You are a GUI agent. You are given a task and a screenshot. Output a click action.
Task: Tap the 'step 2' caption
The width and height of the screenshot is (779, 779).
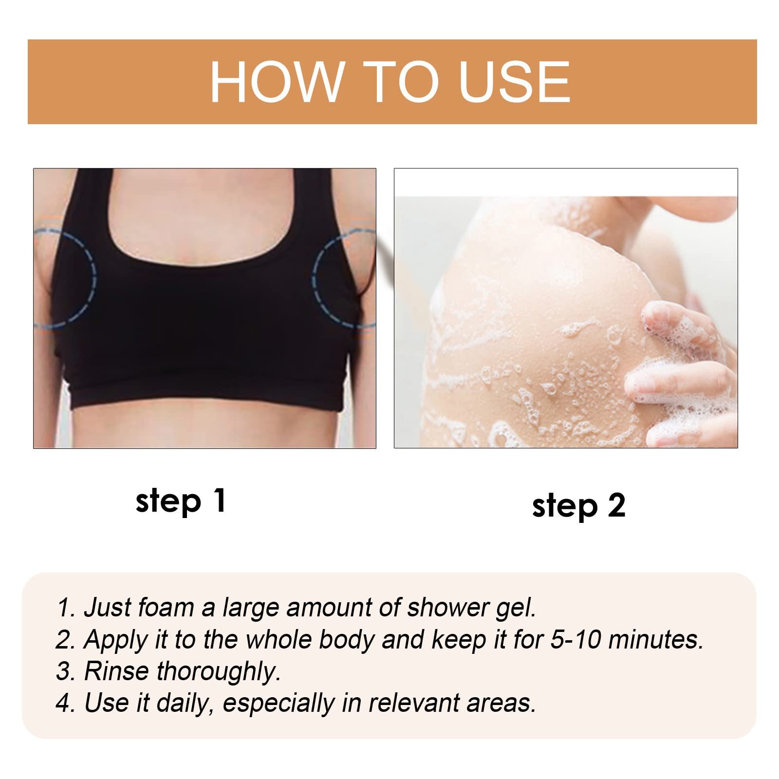click(578, 506)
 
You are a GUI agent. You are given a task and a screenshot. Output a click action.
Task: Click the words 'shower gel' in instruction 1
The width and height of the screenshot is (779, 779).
click(471, 608)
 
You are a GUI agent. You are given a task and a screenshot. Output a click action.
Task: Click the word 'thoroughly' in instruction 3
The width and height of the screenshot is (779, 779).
click(218, 672)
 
